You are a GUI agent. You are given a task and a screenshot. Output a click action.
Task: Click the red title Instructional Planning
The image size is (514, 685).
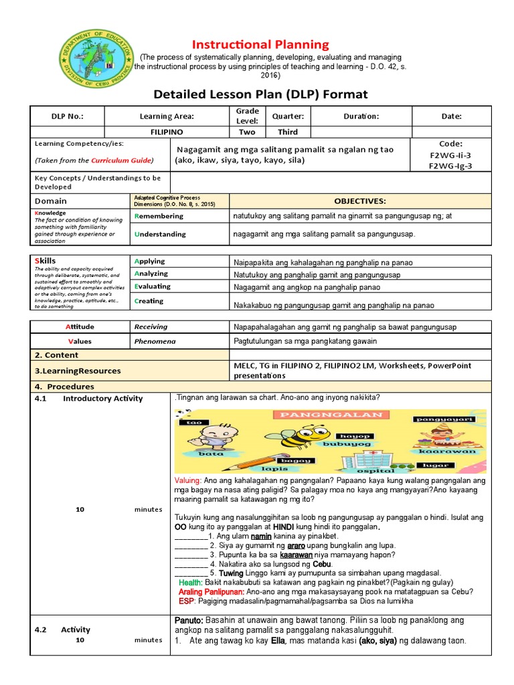click(261, 45)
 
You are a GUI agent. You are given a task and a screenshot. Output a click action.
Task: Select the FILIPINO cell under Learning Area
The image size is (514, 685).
click(167, 132)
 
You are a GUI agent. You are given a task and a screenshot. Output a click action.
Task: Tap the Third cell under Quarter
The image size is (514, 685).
click(288, 132)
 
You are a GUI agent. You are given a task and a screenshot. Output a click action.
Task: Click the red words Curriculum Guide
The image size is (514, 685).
click(121, 161)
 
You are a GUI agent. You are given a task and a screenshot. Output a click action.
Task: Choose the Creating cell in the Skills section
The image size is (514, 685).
click(149, 301)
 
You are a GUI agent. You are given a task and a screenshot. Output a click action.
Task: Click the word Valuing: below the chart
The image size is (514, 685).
click(187, 480)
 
